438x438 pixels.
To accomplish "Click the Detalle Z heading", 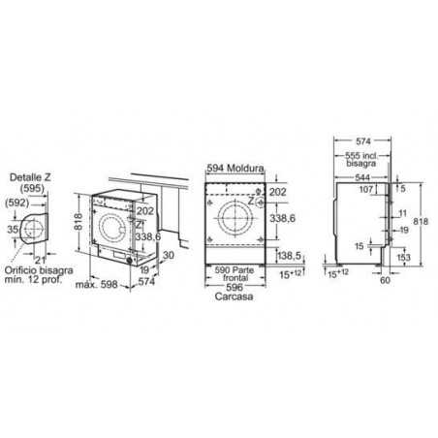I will (30, 176).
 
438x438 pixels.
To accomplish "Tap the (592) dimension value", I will (18, 203).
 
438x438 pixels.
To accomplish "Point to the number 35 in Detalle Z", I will (12, 229).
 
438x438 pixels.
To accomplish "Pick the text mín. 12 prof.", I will (35, 282).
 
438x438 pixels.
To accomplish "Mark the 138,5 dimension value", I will (293, 255).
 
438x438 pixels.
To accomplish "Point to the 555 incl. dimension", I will (362, 156).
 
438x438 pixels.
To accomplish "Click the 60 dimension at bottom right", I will (386, 280).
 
